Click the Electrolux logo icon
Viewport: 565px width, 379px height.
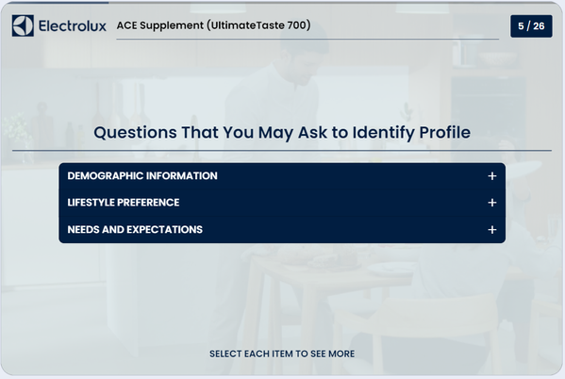[x=23, y=25]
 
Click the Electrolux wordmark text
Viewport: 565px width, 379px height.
[x=73, y=26]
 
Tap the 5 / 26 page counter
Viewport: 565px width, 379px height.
[x=531, y=26]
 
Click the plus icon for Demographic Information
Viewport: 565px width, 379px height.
[x=491, y=175]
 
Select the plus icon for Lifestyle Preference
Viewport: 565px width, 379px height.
[x=491, y=203]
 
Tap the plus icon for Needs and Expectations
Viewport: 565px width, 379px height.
[x=491, y=229]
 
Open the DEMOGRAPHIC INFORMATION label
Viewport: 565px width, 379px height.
[x=142, y=175]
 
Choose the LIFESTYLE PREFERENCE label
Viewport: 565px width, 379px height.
[x=124, y=203]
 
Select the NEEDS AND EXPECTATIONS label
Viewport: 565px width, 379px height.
[x=135, y=229]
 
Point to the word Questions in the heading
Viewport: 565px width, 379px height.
[x=135, y=133]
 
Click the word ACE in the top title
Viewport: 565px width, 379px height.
[x=126, y=25]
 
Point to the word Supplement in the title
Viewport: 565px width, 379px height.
[x=172, y=25]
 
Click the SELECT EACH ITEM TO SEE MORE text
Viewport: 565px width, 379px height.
[x=282, y=354]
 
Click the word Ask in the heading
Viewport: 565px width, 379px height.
[x=313, y=133]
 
